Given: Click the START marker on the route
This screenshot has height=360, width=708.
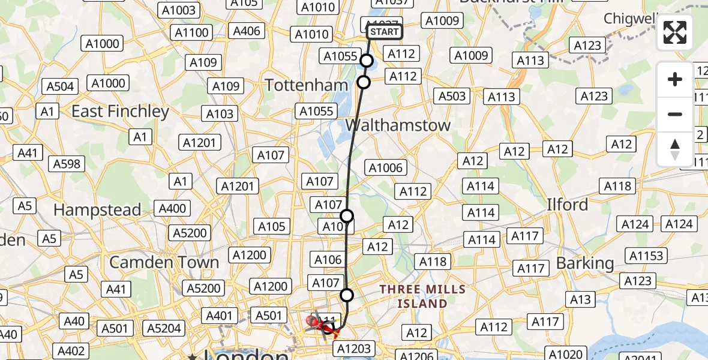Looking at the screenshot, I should pyautogui.click(x=383, y=32).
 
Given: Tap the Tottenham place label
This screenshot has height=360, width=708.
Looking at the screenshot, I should pyautogui.click(x=307, y=85).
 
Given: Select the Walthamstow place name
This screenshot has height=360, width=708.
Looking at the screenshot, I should pyautogui.click(x=398, y=125).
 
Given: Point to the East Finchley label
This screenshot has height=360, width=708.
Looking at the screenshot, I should pyautogui.click(x=120, y=112).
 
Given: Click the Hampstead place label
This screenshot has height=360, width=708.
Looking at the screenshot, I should pyautogui.click(x=97, y=210).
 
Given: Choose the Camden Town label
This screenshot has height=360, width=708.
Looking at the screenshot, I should pyautogui.click(x=164, y=263).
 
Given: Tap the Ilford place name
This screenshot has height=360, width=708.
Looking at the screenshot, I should pyautogui.click(x=567, y=205).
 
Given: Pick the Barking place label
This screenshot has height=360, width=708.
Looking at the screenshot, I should pyautogui.click(x=585, y=263).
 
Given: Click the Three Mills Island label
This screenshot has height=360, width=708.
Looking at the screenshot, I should pyautogui.click(x=422, y=296).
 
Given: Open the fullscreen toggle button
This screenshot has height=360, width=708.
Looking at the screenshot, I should pyautogui.click(x=675, y=32).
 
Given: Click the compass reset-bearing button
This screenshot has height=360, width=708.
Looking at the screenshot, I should pyautogui.click(x=675, y=149).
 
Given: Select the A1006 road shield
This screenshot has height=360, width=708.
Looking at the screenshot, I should pyautogui.click(x=386, y=168).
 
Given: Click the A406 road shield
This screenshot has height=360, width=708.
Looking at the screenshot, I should pyautogui.click(x=247, y=31).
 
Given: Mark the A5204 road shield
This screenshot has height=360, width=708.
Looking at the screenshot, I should pyautogui.click(x=164, y=328).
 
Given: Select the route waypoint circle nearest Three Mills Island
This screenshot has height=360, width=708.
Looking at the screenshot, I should pyautogui.click(x=347, y=295).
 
